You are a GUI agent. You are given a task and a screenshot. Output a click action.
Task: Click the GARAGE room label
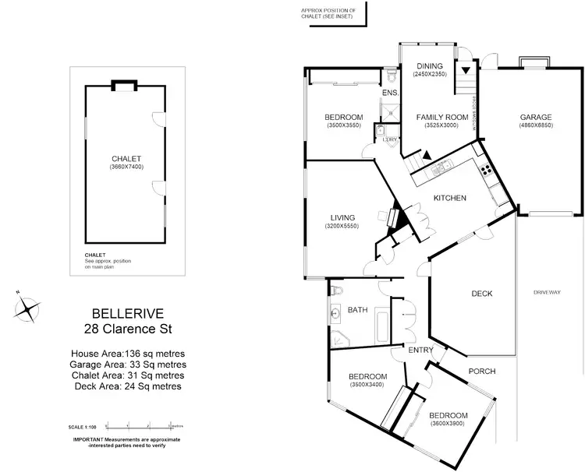tap(536, 118)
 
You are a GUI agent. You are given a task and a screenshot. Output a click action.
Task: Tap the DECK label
tap(482, 294)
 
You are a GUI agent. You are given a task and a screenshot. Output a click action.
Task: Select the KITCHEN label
tap(449, 198)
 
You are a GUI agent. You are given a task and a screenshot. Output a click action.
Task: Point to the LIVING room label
tap(342, 217)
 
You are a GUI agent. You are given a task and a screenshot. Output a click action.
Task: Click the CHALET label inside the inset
tap(125, 159)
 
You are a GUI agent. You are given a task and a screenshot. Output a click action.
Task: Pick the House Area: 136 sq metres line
tap(127, 354)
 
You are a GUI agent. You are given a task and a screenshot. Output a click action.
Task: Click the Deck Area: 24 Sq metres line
tap(127, 386)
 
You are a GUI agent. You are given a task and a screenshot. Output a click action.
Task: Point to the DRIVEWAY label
tap(547, 292)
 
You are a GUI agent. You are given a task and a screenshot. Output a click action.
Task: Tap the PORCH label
tap(481, 371)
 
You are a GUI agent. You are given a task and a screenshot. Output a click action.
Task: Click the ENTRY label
tap(420, 350)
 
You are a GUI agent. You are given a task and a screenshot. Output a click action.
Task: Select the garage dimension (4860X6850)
tap(536, 125)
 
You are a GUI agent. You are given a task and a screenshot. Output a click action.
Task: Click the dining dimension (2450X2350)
tap(429, 74)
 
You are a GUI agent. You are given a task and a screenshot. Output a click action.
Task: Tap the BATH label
tap(357, 310)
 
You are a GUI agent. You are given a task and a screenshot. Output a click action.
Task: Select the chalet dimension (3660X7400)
tap(125, 167)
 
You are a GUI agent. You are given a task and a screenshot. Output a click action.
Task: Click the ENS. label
tap(390, 93)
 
